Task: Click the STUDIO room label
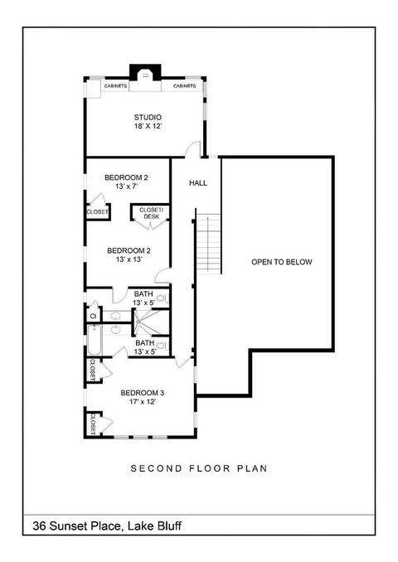coord(148,117)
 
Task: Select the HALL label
coord(198,183)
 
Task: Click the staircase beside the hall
coord(208,243)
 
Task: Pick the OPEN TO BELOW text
coord(281,262)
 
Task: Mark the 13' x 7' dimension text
coord(127,187)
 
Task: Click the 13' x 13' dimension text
coord(129,259)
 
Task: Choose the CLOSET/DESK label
coord(151,213)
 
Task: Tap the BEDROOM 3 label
coord(143,393)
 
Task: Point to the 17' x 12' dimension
coord(143,402)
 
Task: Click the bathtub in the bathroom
coord(95,340)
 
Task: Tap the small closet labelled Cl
coord(93,316)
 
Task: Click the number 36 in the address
coord(40,526)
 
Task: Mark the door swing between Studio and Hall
coord(192,149)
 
